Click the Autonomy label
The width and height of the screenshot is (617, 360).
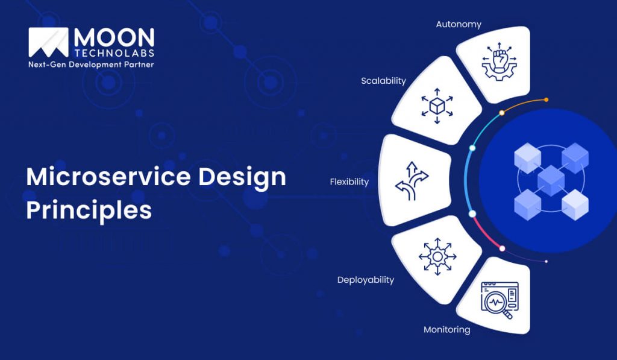459,25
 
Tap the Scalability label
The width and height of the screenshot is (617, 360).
383,81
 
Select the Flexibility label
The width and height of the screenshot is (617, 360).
349,182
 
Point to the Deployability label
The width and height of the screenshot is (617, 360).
365,280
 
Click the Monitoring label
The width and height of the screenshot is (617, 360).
446,330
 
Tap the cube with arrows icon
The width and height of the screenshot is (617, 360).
436,107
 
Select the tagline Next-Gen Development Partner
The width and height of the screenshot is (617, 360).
91,65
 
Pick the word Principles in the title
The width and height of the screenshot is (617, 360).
89,210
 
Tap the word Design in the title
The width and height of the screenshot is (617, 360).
243,177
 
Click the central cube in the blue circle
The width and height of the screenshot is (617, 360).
551,179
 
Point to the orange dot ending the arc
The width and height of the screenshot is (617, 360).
546,99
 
